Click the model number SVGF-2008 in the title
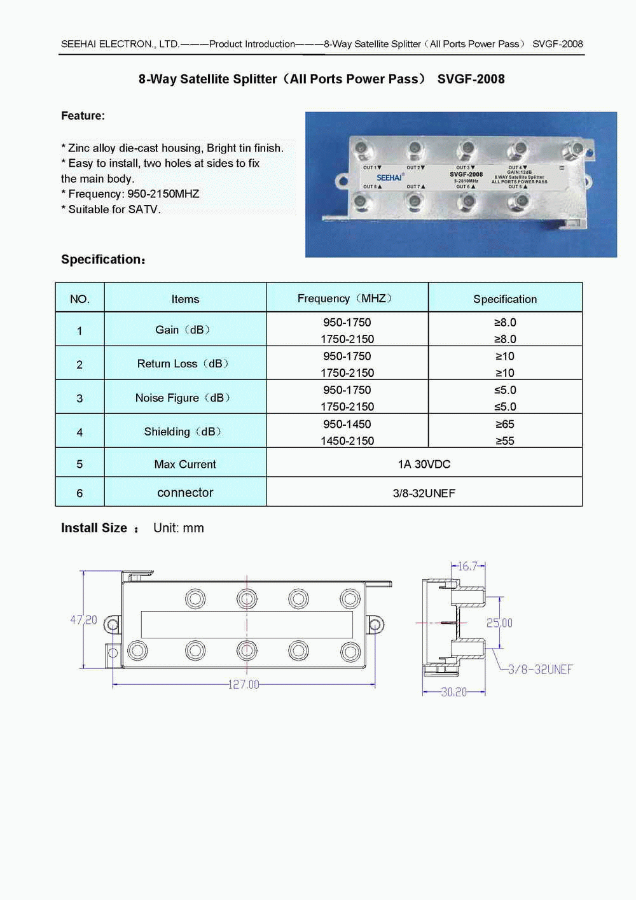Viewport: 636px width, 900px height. [471, 79]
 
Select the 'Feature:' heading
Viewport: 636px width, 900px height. [83, 116]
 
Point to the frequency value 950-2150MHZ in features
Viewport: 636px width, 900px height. [163, 194]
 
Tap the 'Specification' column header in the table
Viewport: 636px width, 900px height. [505, 299]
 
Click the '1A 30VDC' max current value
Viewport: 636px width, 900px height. [424, 464]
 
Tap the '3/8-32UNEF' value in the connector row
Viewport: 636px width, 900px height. [424, 493]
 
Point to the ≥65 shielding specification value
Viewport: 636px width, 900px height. [505, 424]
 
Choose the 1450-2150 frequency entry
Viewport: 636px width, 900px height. [347, 440]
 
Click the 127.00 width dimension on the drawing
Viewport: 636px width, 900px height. [244, 684]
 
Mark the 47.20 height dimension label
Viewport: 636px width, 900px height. [83, 620]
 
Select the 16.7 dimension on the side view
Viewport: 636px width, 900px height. [467, 566]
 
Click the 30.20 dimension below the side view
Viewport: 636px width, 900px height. [453, 692]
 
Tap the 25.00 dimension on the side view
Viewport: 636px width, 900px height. [499, 623]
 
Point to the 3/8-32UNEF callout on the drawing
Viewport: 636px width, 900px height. [540, 670]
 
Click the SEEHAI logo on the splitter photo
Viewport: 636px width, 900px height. [389, 178]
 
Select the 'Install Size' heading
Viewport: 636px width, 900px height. [94, 528]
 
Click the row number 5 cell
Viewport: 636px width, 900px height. [79, 464]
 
